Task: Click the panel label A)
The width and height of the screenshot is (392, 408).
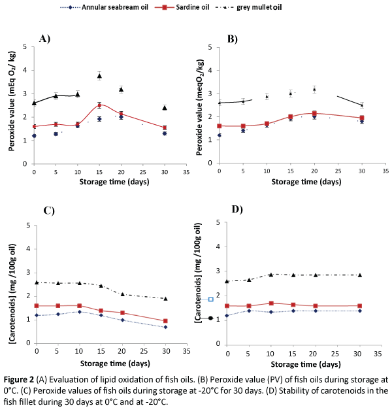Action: (x=45, y=39)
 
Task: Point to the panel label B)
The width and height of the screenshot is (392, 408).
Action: (x=232, y=39)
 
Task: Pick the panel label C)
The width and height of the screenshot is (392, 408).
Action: (x=48, y=211)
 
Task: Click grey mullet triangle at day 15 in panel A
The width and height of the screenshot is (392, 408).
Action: (x=99, y=76)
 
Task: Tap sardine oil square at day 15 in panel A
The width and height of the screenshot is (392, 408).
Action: (x=99, y=105)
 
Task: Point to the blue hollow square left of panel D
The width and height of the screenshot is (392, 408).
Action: (x=210, y=299)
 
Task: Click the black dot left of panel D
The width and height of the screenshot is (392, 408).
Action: (x=210, y=318)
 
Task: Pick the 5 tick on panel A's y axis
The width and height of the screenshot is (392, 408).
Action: (x=25, y=46)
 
